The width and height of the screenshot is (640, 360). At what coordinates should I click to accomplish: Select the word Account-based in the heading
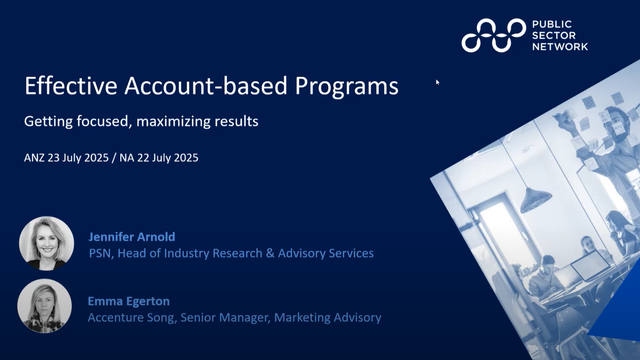199,86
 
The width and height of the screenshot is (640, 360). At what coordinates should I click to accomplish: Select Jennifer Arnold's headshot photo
47,243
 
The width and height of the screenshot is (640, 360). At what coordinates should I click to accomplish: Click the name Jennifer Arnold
132,237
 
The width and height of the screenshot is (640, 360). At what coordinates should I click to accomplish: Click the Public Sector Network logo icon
492,35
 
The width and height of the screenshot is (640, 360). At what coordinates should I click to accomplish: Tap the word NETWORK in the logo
560,47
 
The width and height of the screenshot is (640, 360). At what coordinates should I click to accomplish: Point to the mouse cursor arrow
438,84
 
